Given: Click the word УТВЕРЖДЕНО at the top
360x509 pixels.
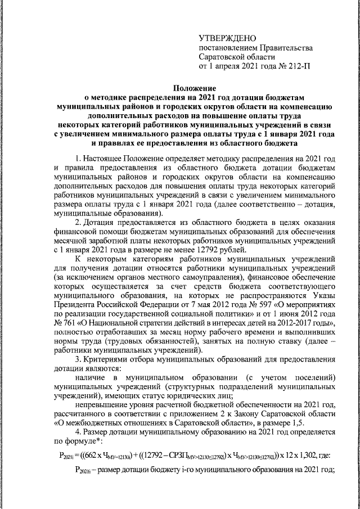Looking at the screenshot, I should point(224,37).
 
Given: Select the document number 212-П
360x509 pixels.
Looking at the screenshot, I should point(298,66).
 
